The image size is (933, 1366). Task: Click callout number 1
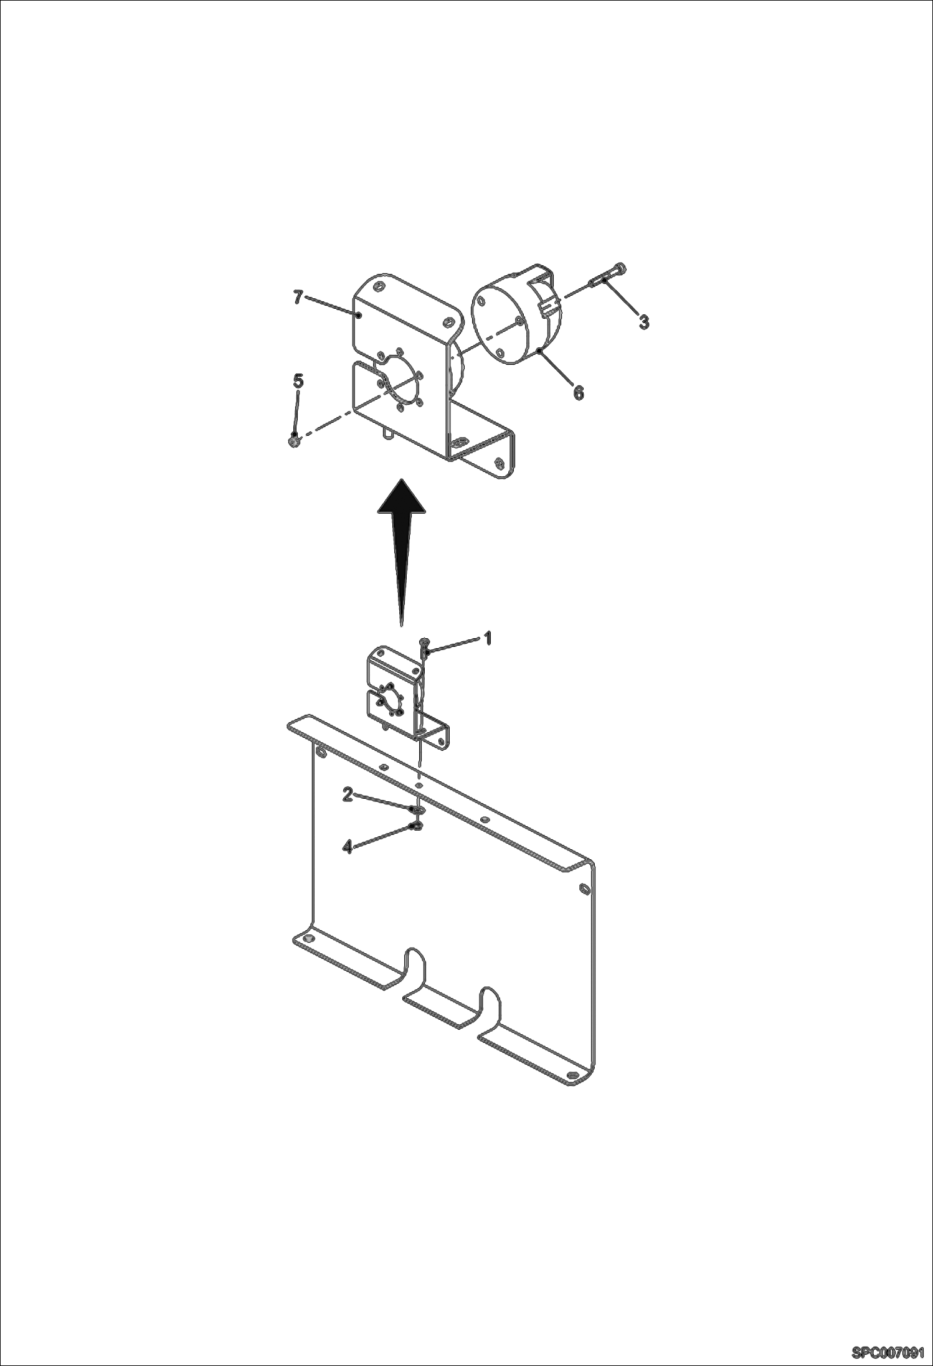(488, 639)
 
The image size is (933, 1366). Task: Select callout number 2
(348, 794)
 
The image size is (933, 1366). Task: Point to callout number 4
(348, 846)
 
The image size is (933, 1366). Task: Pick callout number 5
(298, 380)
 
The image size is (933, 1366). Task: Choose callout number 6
(578, 392)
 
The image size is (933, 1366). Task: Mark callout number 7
(298, 298)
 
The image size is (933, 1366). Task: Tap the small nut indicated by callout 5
(293, 441)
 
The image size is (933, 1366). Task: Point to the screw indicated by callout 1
(424, 648)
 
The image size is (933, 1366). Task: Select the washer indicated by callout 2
(416, 809)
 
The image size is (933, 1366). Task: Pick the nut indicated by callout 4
(415, 827)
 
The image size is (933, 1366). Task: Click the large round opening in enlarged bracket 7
(399, 383)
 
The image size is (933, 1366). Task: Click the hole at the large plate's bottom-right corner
(572, 1075)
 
